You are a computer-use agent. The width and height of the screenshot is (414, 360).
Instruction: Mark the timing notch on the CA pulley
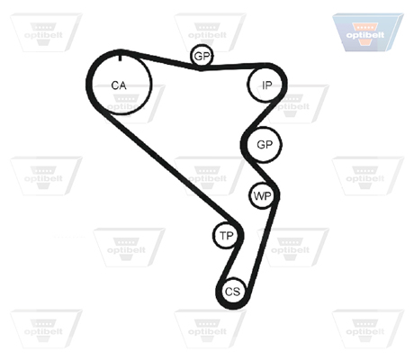(121, 57)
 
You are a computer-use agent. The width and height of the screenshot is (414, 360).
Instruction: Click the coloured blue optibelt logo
(368, 32)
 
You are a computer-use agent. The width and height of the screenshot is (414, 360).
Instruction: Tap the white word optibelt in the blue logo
(365, 35)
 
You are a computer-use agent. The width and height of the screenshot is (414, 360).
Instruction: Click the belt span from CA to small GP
(162, 60)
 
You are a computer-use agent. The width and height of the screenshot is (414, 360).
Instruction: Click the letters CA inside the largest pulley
(119, 85)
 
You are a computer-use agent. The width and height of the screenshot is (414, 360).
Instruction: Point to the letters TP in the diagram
(227, 236)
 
